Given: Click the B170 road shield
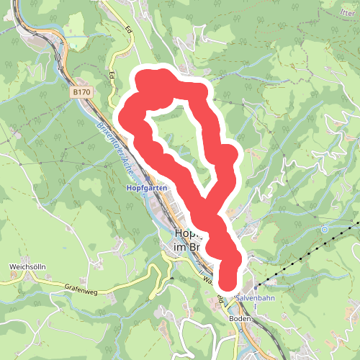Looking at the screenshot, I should [x=81, y=92].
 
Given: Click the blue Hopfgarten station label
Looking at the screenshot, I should [x=147, y=188].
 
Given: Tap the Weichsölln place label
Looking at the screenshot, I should [x=23, y=266].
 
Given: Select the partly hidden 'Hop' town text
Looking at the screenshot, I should [x=186, y=234].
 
